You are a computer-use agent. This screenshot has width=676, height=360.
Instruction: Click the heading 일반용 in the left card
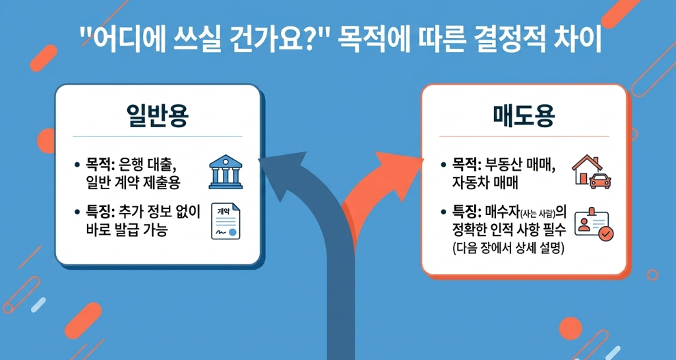pos(157,115)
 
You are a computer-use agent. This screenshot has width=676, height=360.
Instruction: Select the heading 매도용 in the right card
pos(524,116)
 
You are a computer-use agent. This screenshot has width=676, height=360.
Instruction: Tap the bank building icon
pos(224,171)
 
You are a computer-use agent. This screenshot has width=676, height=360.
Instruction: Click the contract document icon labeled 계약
pos(225,221)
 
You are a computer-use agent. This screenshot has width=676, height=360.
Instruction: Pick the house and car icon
pos(591,171)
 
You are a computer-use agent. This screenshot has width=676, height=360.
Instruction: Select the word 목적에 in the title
pos(371,41)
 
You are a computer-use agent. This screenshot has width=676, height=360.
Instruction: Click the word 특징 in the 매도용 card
pos(467,212)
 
